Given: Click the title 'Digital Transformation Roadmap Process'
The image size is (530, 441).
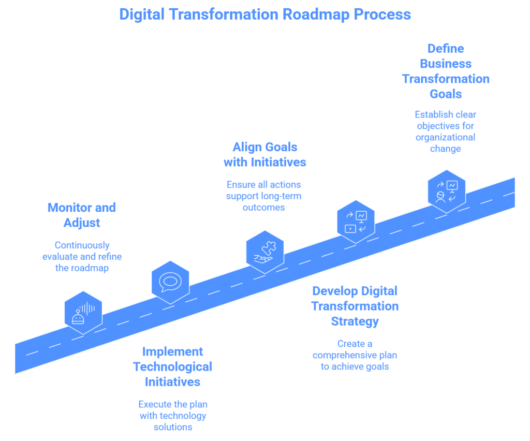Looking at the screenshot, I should point(264,14).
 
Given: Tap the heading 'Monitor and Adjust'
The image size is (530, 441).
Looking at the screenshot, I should point(82,215).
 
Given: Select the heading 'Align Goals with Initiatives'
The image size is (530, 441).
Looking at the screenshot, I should point(264,154).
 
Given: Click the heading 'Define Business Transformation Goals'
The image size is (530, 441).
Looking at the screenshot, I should point(446,71).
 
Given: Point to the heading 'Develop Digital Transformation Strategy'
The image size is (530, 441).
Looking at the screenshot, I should point(355,306).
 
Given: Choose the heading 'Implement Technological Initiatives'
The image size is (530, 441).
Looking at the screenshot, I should point(172,367).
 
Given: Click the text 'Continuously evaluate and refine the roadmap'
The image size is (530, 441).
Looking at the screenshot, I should point(82,256).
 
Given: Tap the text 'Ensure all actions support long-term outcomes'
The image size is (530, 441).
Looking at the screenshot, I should point(264,195).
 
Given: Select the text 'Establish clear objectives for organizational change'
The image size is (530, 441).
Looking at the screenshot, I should point(446,131).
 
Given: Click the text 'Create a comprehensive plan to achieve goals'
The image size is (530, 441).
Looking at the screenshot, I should point(355,355).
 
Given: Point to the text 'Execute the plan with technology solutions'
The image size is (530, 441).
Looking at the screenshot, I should point(172,416).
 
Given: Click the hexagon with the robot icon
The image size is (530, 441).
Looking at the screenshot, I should point(83,312).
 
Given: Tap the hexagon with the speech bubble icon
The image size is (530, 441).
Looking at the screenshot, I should point(170,282).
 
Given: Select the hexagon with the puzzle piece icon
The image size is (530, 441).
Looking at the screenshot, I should point(265,251).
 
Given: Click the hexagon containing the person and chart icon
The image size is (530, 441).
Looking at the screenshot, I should point(447,190).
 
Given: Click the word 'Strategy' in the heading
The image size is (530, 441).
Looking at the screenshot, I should point(355,321).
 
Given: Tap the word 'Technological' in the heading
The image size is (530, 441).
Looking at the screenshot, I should point(172,367).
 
